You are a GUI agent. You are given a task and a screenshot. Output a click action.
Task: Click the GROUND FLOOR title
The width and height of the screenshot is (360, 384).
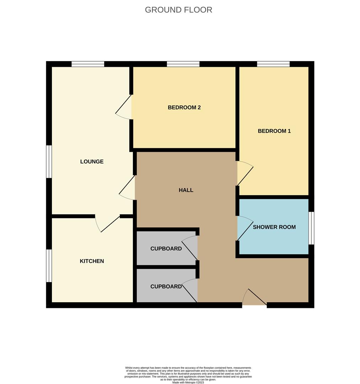click(178, 10)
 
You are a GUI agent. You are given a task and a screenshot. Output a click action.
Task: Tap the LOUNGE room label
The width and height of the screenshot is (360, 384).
click(92, 161)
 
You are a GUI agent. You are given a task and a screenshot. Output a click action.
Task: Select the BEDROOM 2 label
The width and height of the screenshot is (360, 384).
click(184, 107)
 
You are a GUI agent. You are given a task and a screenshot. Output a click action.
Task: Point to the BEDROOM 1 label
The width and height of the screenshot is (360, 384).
click(274, 131)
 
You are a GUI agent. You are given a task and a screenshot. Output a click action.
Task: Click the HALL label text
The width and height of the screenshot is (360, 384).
click(186, 190)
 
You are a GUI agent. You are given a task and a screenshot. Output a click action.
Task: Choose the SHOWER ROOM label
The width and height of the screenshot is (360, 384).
click(274, 227)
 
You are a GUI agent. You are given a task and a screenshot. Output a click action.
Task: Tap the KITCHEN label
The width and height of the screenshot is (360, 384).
click(92, 261)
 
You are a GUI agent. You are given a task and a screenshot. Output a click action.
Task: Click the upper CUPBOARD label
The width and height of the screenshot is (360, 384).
click(166, 249)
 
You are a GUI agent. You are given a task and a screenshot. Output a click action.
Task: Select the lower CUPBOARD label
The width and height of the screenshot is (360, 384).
click(166, 286)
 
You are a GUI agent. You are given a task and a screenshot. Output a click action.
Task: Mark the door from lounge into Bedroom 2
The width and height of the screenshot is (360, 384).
click(124, 107)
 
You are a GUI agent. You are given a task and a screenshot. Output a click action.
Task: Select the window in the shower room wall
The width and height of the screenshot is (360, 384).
click(311, 228)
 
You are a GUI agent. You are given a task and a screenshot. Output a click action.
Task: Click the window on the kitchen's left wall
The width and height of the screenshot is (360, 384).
click(49, 266)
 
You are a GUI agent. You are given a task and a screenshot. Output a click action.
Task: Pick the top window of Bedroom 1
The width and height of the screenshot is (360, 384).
click(273, 64)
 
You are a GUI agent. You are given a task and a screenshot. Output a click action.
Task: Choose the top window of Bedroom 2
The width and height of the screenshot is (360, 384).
click(183, 64)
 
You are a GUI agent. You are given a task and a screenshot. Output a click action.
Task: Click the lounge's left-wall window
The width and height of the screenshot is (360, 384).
click(49, 161)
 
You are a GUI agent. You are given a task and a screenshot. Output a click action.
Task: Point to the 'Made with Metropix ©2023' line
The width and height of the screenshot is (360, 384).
click(188, 382)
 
